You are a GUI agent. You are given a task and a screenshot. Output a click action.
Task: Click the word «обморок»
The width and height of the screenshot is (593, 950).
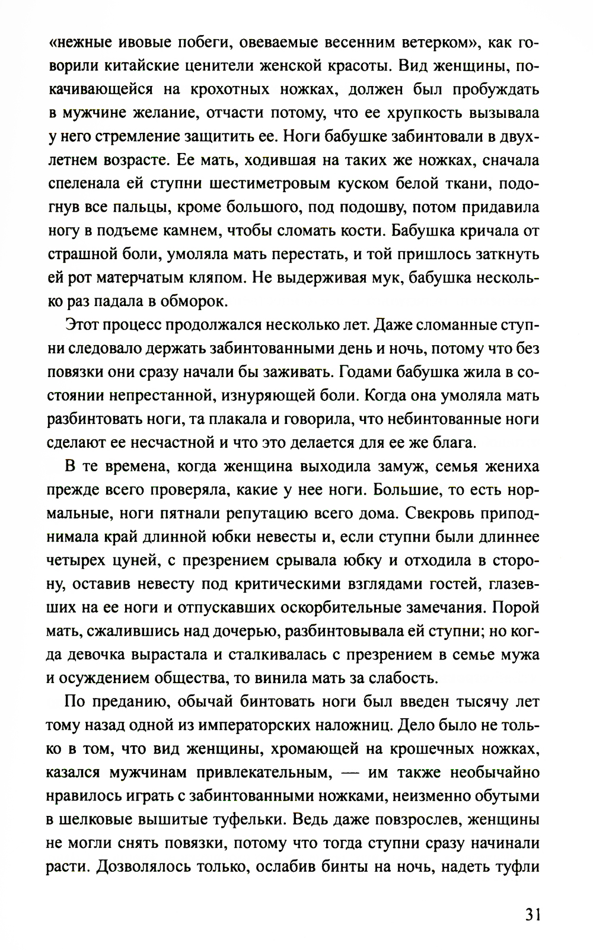(187, 301)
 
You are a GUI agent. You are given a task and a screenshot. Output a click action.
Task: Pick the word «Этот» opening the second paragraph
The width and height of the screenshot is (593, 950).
(82, 325)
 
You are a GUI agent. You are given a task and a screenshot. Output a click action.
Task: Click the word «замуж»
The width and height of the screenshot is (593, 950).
(400, 466)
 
